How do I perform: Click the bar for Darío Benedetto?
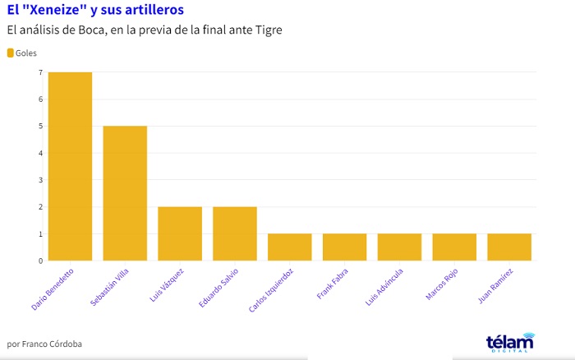[x=70, y=166]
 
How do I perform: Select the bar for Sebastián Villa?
[x=125, y=193]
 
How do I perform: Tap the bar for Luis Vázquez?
[x=180, y=233]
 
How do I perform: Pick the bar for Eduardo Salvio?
[x=235, y=233]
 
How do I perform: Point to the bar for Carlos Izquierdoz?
[x=289, y=247]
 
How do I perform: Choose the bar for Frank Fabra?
[x=344, y=247]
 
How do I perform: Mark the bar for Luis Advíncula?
[x=399, y=247]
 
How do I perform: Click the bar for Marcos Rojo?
[x=454, y=247]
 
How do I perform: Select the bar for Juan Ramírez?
[x=509, y=247]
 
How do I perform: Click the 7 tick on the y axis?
[x=39, y=72]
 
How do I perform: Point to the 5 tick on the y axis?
[x=39, y=126]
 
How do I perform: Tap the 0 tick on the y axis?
[x=39, y=261]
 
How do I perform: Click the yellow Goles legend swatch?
[x=11, y=53]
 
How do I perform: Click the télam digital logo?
[x=509, y=342]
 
